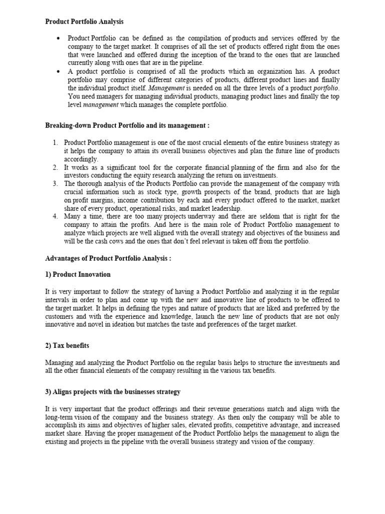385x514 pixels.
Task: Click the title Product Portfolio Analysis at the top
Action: [84, 22]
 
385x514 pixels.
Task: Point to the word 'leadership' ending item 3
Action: [226, 208]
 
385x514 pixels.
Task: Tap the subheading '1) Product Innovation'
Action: [78, 275]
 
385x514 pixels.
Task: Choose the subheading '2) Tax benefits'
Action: [67, 345]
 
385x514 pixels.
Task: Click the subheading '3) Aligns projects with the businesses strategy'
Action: [113, 391]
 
